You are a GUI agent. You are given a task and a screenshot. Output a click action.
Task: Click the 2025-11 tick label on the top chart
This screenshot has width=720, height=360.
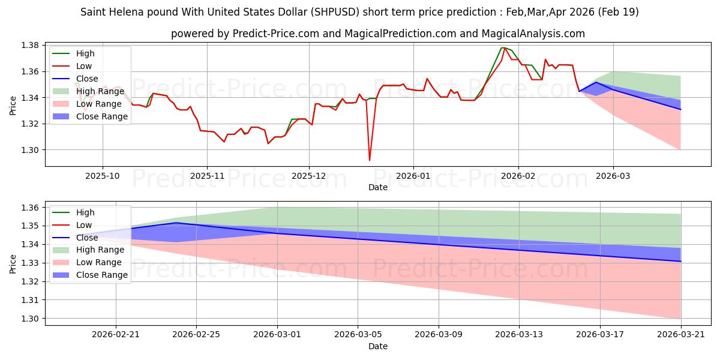[x=208, y=176]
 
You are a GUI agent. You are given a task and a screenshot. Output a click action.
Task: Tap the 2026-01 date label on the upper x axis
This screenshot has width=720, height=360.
[x=413, y=176]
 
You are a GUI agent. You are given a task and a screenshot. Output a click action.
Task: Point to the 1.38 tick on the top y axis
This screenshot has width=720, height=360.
[x=30, y=46]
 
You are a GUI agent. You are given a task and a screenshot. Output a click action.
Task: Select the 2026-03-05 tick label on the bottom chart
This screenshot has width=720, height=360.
[x=358, y=335]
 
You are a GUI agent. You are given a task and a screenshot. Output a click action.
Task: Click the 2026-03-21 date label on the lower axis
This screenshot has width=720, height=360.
[x=681, y=335]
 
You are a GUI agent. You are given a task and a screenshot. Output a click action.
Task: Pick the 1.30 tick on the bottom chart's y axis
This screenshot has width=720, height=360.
[x=30, y=319]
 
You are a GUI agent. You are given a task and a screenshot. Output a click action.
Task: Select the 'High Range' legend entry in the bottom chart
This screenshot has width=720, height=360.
[x=88, y=250]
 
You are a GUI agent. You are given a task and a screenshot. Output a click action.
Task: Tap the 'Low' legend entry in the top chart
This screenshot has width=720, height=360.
[x=72, y=66]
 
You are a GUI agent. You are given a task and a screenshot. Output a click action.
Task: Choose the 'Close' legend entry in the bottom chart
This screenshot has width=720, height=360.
[x=75, y=238]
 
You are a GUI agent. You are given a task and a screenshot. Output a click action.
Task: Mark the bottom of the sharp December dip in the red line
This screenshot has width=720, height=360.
[x=370, y=160]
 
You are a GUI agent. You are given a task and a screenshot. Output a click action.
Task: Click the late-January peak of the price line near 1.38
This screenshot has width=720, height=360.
[x=503, y=47]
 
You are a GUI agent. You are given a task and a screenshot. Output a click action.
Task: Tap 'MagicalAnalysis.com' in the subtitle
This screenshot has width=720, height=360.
[x=533, y=34]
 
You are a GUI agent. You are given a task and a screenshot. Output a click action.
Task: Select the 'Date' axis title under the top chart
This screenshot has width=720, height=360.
[x=378, y=187]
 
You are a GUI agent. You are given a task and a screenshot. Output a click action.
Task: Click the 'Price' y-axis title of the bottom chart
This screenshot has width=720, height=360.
[x=13, y=264]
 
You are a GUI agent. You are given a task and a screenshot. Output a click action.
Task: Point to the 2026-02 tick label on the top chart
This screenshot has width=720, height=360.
[x=518, y=176]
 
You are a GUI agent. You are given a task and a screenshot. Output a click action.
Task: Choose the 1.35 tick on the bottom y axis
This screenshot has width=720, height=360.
[x=30, y=226]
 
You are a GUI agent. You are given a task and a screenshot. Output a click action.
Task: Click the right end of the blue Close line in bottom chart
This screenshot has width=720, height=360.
[x=681, y=262]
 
